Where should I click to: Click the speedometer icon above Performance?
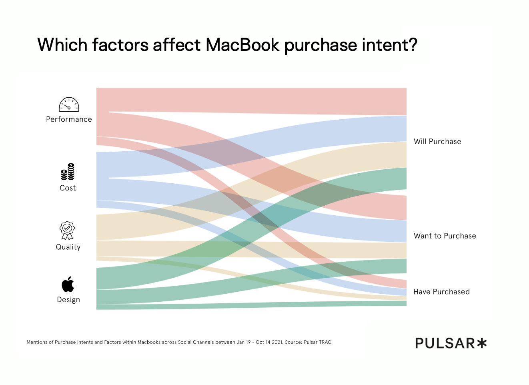(69, 104)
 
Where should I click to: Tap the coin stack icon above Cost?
(68, 172)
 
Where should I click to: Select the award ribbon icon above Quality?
(67, 230)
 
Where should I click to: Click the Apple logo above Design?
(68, 284)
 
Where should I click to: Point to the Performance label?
(69, 119)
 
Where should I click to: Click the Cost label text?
(68, 188)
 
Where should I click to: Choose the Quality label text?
(68, 247)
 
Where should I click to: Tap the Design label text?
(68, 300)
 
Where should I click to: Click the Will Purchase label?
(437, 142)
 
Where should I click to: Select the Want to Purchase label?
(445, 236)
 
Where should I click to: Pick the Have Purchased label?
(441, 292)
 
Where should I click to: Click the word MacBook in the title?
(242, 45)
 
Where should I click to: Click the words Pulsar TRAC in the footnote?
(317, 342)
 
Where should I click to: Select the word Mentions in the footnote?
(37, 342)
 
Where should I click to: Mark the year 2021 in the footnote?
(277, 342)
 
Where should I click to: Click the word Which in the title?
(62, 45)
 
